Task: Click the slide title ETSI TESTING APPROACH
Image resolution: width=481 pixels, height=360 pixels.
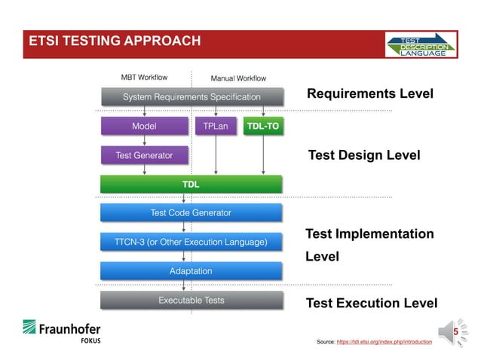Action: click(114, 41)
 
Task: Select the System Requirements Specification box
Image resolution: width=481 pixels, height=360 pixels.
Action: click(191, 96)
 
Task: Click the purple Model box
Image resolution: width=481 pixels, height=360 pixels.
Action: click(144, 127)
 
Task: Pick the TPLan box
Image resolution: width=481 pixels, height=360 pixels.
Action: click(216, 127)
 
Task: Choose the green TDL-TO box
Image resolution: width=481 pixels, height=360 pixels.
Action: click(262, 127)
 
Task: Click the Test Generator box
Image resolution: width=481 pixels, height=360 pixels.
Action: click(144, 155)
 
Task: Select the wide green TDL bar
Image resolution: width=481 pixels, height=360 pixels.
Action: click(191, 184)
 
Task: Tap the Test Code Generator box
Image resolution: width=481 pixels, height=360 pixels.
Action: click(191, 213)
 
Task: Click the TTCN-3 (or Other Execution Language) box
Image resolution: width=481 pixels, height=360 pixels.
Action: click(191, 242)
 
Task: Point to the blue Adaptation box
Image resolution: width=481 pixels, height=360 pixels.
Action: click(191, 270)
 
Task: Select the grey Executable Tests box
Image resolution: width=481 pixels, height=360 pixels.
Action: click(191, 301)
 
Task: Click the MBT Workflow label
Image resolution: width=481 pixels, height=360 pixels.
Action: click(144, 77)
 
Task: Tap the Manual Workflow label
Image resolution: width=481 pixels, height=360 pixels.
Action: click(237, 78)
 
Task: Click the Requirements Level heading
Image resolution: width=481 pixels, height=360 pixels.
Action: click(369, 94)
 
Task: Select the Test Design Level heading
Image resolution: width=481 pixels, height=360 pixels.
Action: click(364, 155)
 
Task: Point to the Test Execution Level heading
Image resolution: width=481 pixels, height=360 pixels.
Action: click(371, 304)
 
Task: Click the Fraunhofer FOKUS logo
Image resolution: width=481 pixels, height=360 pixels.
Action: click(61, 331)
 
